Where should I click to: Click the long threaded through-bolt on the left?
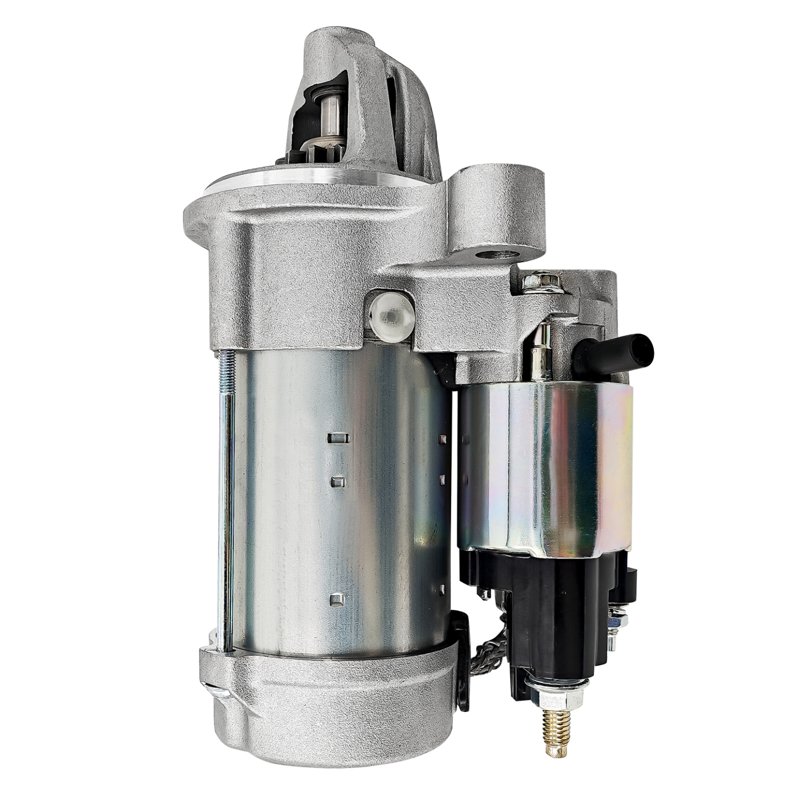click(226, 497)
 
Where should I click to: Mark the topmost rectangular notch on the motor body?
click(338, 438)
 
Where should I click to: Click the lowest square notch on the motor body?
click(336, 599)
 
